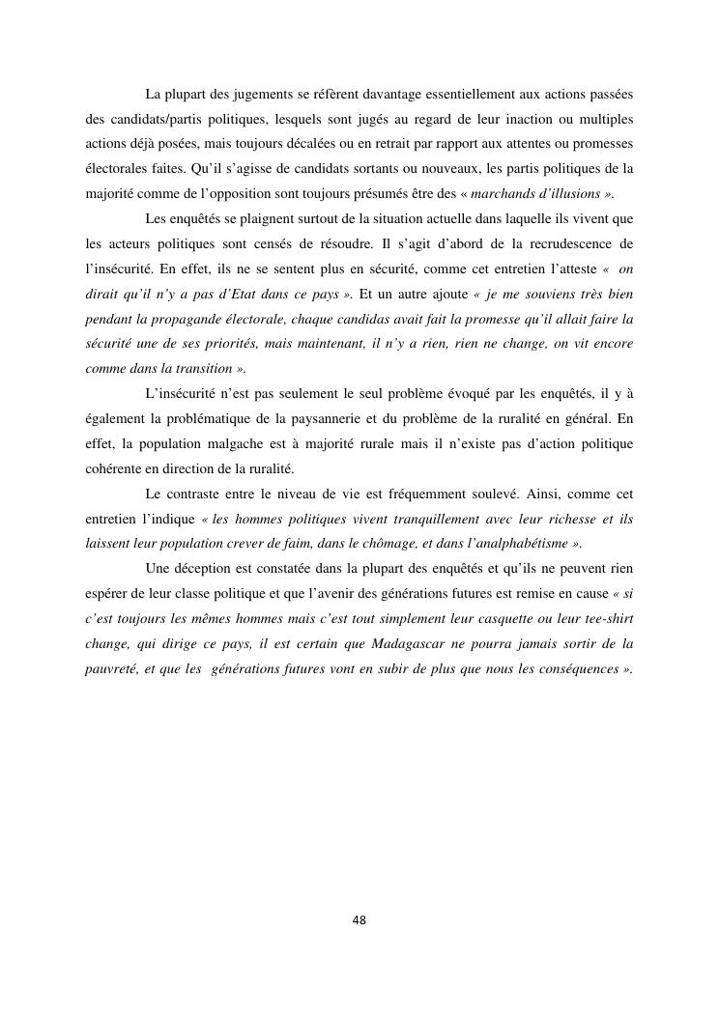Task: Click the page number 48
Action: coord(359,919)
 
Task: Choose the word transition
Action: coord(202,368)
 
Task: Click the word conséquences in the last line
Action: coord(570,668)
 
